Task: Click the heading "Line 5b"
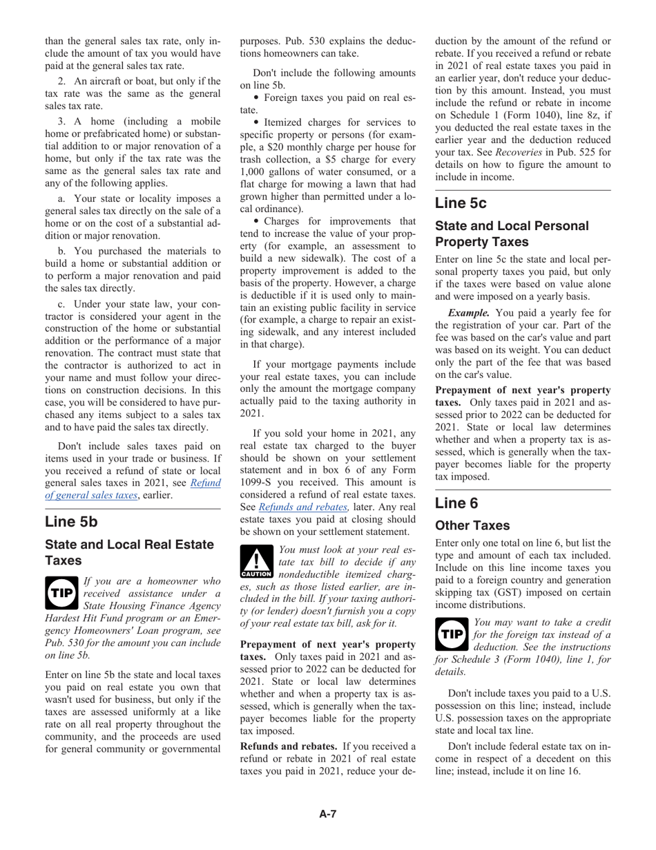click(x=71, y=522)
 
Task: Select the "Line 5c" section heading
click(x=461, y=203)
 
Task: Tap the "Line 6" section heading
click(x=456, y=503)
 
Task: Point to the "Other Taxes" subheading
click(x=472, y=526)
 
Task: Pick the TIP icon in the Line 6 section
click(x=451, y=634)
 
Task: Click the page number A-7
click(x=327, y=814)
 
